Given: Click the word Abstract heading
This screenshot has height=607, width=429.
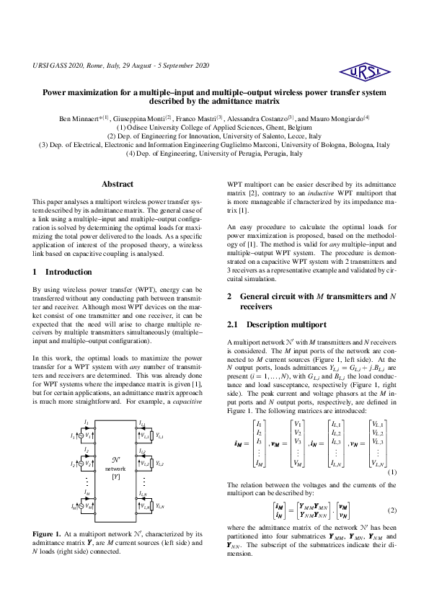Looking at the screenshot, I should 118,184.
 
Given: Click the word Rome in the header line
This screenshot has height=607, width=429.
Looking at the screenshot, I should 96,66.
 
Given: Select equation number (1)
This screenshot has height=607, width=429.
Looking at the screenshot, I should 392,472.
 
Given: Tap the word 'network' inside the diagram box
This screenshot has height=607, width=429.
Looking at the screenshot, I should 115,468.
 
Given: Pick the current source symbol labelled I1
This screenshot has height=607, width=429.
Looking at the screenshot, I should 80,436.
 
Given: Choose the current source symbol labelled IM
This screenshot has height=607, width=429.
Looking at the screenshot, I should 80,506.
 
